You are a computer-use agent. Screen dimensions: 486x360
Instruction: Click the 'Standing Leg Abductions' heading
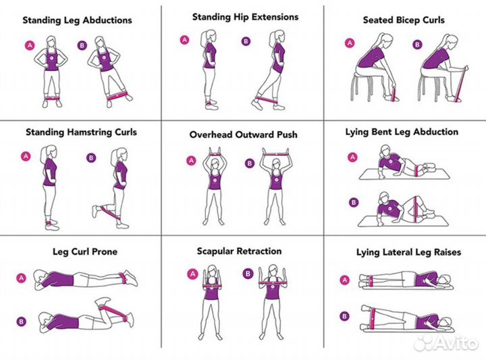point(77,20)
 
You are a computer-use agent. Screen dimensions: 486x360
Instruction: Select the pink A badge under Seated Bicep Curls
point(350,43)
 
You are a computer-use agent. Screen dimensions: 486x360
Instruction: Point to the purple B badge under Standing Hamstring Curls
point(91,158)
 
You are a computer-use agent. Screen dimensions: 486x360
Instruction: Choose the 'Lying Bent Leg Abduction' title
point(402,132)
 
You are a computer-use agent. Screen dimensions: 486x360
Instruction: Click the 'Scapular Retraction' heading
point(239,251)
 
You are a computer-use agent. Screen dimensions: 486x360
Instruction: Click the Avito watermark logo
point(446,343)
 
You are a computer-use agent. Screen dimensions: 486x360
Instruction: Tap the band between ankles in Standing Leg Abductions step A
point(52,99)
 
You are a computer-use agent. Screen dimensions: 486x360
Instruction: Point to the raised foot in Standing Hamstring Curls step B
point(96,211)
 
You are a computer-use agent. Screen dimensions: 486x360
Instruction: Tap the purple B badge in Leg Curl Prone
point(22,322)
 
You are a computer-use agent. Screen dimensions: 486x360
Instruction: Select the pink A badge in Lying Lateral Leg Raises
point(344,280)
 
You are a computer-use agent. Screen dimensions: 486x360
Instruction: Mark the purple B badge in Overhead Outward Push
point(250,163)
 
